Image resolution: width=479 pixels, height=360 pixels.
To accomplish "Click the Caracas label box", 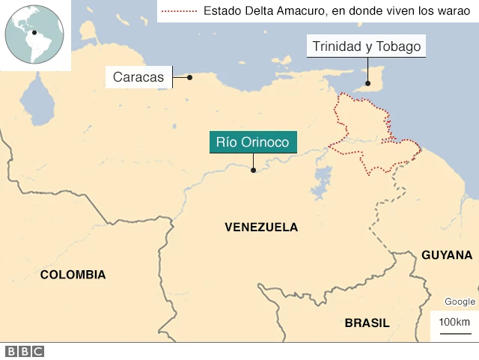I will pos(138,76).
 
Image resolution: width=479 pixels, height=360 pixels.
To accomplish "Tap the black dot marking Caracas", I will pos(190,76).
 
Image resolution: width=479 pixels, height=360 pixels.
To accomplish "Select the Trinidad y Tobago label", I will pos(367,46).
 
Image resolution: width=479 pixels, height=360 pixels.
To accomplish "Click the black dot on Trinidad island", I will pos(367,83).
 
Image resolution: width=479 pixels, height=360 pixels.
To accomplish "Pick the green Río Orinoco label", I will pos(253,142).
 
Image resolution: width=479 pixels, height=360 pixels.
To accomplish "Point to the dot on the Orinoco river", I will pos(253,170).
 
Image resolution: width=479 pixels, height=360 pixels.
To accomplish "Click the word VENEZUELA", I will pos(260,227).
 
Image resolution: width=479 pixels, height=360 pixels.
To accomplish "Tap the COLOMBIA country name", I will pos(73,275).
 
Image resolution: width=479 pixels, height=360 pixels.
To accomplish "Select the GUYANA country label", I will pos(447,255).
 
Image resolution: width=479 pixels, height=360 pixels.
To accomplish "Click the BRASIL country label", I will pos(367,323).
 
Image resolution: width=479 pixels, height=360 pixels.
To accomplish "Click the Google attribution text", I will pos(460,302).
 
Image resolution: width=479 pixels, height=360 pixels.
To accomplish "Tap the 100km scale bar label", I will pos(454,322).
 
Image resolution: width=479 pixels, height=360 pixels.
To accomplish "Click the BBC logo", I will pos(24,351).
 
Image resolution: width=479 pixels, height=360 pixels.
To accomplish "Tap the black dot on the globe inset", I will pos(34,31).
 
